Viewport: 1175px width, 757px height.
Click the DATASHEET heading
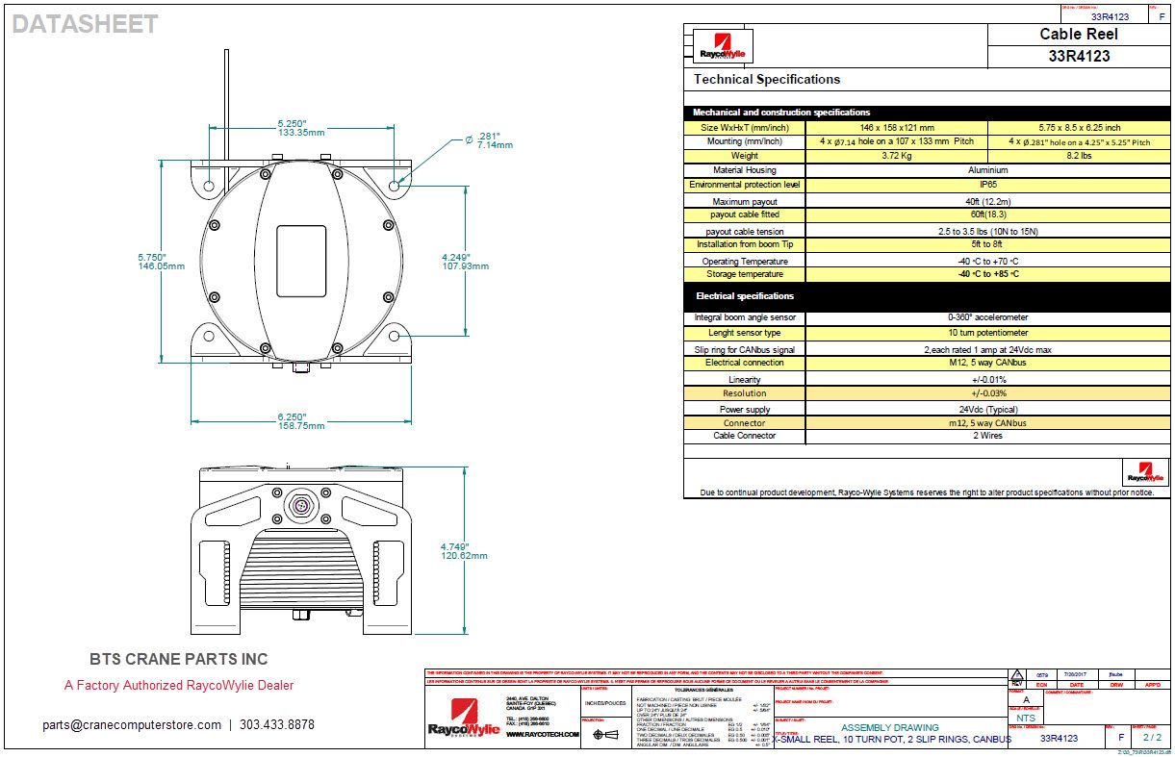(x=86, y=25)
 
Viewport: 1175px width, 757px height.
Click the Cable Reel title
(x=1079, y=34)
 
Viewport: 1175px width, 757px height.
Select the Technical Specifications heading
(x=767, y=80)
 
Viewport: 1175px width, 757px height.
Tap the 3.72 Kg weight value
(x=896, y=156)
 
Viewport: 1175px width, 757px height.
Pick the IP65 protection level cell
(x=987, y=185)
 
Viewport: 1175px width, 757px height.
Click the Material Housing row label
(x=744, y=170)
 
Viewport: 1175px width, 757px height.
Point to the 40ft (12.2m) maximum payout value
(x=987, y=202)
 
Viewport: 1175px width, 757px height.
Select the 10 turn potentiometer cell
(x=987, y=333)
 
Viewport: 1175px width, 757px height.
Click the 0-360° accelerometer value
(x=987, y=317)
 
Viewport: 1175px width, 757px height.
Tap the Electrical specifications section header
(x=744, y=296)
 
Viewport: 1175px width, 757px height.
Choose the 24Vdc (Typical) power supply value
(x=987, y=410)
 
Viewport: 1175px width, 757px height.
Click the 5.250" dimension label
(x=292, y=124)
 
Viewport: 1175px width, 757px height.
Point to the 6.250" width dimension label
(x=293, y=416)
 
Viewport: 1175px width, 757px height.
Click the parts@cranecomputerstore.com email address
(x=132, y=725)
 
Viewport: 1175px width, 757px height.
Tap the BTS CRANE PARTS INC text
(x=179, y=660)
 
